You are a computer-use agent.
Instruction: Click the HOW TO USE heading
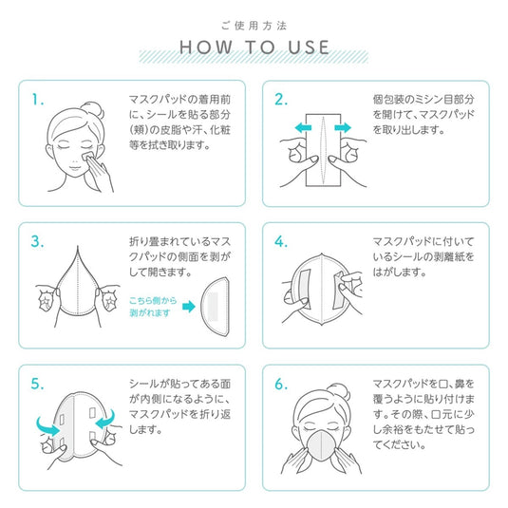(254, 47)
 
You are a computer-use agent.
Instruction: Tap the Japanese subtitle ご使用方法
(254, 26)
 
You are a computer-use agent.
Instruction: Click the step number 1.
(38, 99)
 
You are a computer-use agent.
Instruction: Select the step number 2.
(281, 99)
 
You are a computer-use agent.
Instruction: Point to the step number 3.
(37, 241)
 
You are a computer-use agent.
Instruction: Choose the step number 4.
(281, 241)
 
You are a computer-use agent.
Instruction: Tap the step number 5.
(37, 384)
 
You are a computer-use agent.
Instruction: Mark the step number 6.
(281, 384)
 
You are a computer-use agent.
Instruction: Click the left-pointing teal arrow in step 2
(303, 127)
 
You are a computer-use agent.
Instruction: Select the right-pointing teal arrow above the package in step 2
(343, 127)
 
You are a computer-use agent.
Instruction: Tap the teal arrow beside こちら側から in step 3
(189, 306)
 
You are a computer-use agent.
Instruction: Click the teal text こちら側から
(153, 300)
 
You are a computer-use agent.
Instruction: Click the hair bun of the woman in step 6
(339, 393)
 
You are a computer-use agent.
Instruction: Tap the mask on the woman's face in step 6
(321, 443)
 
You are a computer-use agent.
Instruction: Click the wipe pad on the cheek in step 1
(87, 156)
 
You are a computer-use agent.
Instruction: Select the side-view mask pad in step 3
(216, 307)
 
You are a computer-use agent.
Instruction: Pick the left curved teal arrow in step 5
(47, 425)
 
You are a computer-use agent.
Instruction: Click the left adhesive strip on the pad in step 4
(305, 289)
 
